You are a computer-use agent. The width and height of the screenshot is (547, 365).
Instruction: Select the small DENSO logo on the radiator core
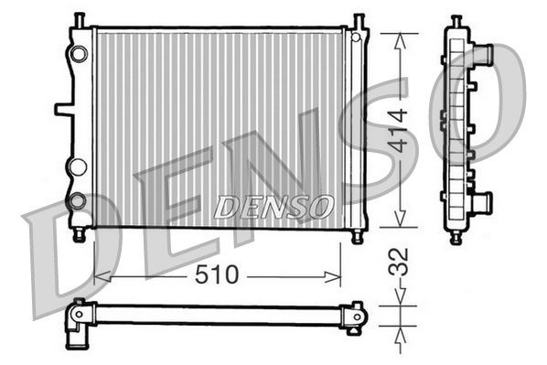coord(273,207)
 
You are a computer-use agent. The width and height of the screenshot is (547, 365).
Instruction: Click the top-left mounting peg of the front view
coord(79,20)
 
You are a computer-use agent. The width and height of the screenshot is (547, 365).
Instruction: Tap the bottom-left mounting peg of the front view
coord(79,235)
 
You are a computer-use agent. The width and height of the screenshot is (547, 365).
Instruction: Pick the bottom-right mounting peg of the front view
coord(357,235)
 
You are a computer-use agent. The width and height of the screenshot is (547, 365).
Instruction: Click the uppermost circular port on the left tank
coord(79,53)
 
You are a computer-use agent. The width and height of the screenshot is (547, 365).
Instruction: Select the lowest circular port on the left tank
coord(78,199)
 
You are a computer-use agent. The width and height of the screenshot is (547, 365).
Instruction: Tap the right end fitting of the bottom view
coord(352,316)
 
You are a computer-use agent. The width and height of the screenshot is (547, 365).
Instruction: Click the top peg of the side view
coord(456,20)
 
